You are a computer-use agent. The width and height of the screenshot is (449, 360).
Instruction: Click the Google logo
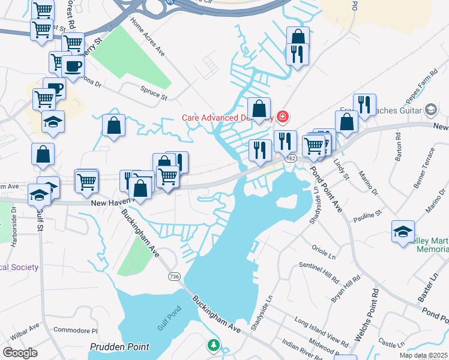(x=20, y=353)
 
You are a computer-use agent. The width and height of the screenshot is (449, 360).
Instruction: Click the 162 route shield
(x=291, y=158)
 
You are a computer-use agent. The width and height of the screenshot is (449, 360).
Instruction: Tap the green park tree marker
(x=213, y=346)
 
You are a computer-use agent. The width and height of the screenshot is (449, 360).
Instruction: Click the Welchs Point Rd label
(x=366, y=314)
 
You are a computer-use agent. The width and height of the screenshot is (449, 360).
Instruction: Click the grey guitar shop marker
(x=430, y=109)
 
